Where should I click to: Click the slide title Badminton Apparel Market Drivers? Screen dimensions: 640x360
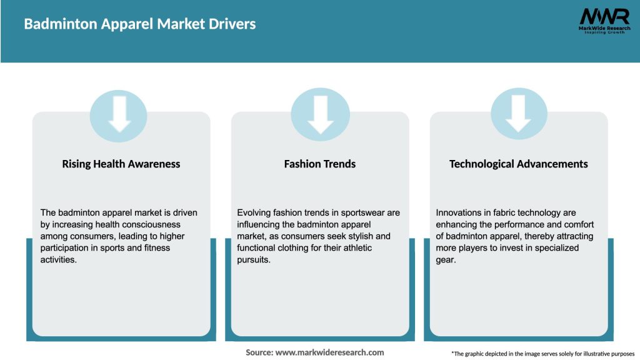(x=139, y=24)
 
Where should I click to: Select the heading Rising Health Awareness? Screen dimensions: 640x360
(x=121, y=164)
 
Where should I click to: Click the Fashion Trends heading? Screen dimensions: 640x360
(x=319, y=164)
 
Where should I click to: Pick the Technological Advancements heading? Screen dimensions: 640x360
(x=518, y=164)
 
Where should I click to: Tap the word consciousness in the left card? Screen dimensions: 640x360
(x=152, y=224)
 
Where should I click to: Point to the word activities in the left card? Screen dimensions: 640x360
(x=58, y=260)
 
